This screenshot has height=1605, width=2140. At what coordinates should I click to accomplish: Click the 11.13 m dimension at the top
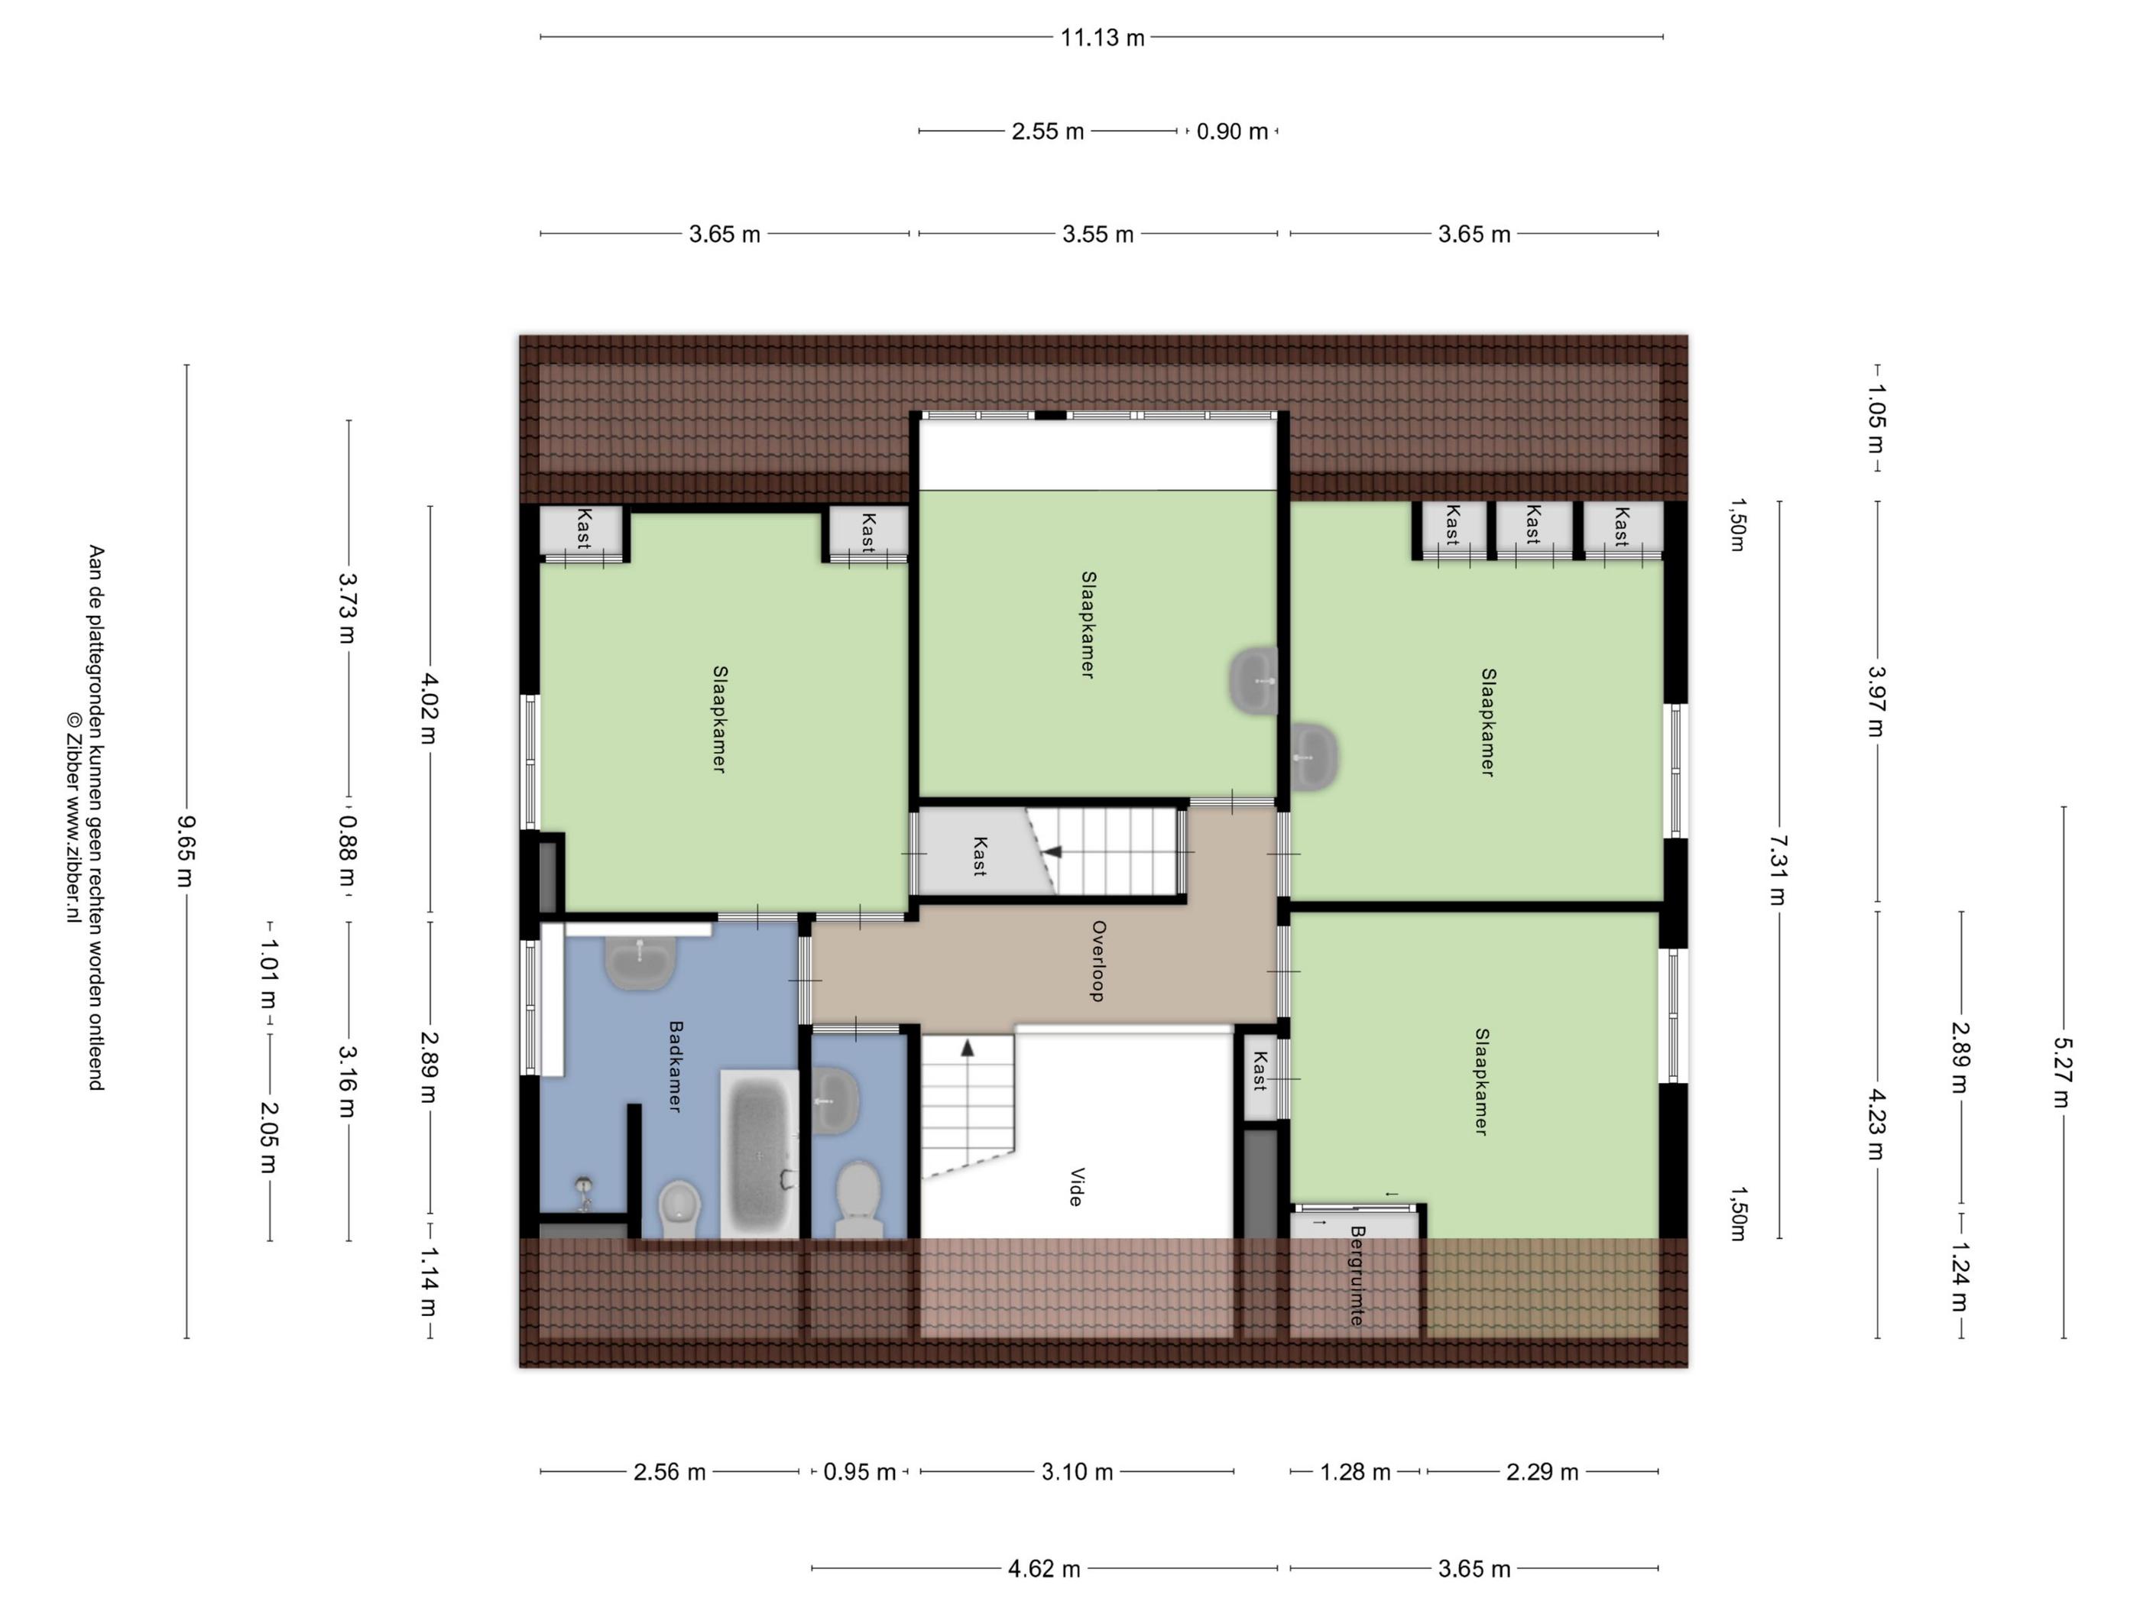[x=1102, y=37]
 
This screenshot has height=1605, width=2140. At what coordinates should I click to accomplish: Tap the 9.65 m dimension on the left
[x=185, y=851]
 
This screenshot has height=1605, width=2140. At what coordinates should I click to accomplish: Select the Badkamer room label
[x=676, y=1066]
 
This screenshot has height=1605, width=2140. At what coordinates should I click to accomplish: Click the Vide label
[x=1075, y=1186]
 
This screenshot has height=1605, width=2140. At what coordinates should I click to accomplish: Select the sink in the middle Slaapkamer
[x=1254, y=681]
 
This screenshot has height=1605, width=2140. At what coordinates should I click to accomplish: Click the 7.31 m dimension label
[x=1778, y=869]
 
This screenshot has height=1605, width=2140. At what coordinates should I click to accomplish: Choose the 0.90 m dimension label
[x=1231, y=131]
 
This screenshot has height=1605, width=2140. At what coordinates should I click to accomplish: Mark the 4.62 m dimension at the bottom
[x=1044, y=1568]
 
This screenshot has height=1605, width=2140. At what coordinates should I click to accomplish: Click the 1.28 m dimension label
[x=1355, y=1471]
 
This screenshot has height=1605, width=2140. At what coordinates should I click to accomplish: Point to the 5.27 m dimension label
[x=2063, y=1072]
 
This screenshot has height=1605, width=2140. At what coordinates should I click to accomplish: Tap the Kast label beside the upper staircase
[x=979, y=856]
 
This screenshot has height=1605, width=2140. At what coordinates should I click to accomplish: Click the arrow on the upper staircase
[x=1052, y=852]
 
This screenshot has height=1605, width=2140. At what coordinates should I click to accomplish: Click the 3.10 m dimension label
[x=1077, y=1471]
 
